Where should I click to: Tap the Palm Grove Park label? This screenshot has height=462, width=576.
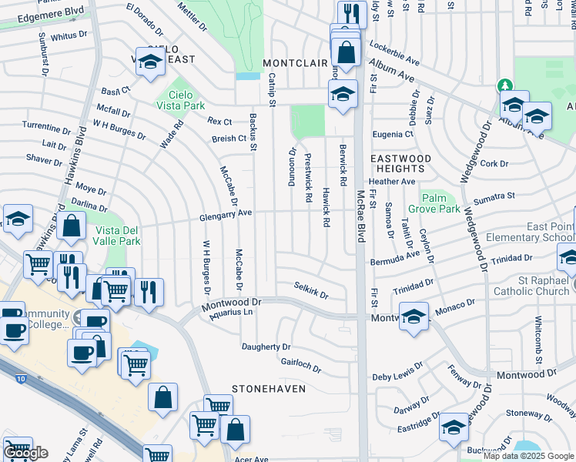434,203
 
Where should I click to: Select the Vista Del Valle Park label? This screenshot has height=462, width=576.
118,236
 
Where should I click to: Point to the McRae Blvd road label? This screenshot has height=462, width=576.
360,218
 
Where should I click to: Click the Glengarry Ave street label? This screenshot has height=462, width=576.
225,213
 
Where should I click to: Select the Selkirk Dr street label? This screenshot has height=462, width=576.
311,290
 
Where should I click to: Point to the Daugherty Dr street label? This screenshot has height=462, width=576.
266,346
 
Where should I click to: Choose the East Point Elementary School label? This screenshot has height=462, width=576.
550,233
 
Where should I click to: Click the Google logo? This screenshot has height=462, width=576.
25,453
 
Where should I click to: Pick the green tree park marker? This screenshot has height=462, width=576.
505,85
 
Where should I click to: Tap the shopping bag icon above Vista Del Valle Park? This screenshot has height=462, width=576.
72,226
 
